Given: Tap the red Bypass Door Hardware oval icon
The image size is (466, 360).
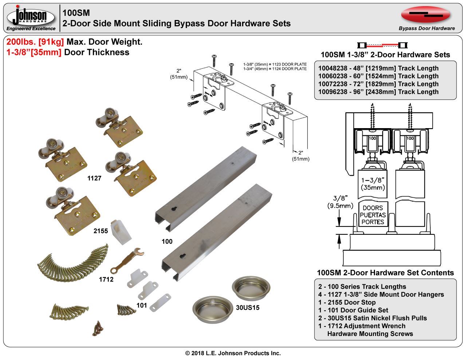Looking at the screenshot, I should click(426, 14).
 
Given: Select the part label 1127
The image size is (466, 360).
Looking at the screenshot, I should click(94, 178).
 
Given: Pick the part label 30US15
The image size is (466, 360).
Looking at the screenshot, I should click(248, 308).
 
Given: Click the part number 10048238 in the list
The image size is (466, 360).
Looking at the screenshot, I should click(332, 68).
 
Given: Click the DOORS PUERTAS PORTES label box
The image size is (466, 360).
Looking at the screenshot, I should click(373, 215).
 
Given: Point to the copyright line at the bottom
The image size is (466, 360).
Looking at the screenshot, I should click(233, 353).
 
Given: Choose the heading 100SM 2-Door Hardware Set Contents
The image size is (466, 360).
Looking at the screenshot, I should click(385, 273).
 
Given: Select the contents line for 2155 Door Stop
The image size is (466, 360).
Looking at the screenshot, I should click(347, 302).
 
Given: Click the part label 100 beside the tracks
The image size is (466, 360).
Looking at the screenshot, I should click(167, 241).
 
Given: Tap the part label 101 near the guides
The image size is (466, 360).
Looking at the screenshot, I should click(142, 305).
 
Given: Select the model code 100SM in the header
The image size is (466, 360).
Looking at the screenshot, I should click(76, 13).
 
